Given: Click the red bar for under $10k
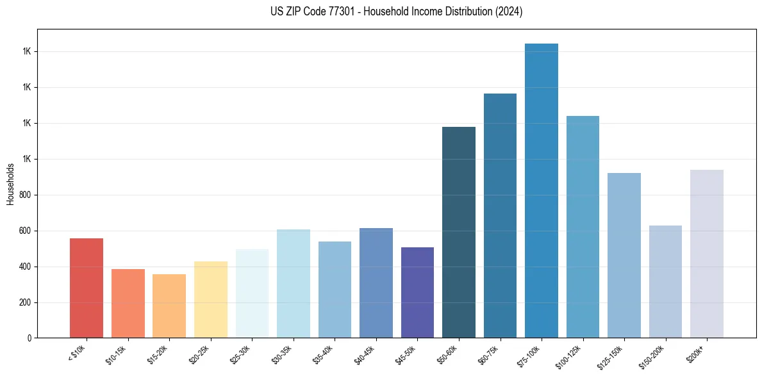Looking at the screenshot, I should [86, 288].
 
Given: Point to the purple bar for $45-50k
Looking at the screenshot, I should [417, 293].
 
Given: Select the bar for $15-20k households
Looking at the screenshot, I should [169, 306].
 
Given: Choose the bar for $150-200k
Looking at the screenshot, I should [665, 282].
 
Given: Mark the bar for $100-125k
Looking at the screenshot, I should [583, 227].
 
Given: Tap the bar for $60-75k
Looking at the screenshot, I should [500, 216].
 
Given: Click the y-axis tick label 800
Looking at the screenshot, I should [24, 195].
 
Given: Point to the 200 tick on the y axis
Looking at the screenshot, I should [24, 302].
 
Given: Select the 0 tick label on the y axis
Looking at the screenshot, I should [29, 338].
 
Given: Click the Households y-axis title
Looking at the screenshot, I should [11, 184].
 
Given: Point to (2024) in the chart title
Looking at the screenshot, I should [509, 12].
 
